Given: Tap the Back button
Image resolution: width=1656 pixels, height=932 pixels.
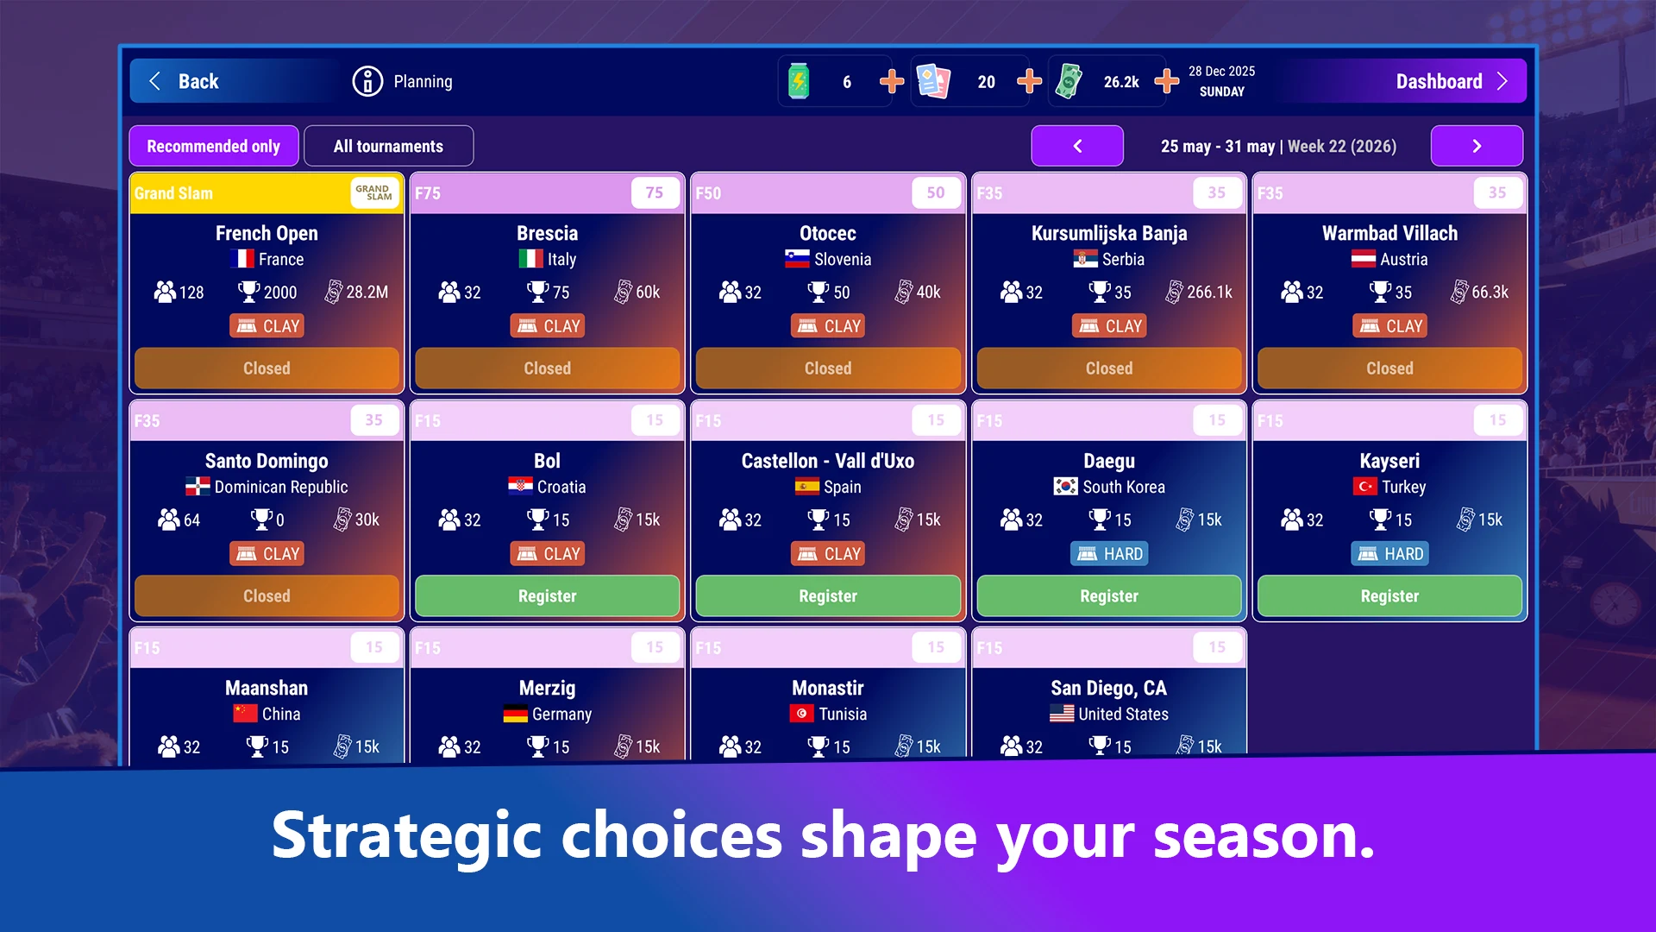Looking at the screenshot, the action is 184,81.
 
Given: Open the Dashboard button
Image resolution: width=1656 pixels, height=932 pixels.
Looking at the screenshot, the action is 1452,81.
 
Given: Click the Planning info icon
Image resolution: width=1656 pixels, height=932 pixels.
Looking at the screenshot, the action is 367,81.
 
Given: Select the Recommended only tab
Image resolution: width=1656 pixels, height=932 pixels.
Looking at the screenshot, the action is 214,146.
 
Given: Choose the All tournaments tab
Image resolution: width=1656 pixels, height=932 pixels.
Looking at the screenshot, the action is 388,146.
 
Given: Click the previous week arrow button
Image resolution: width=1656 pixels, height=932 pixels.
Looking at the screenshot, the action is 1077,146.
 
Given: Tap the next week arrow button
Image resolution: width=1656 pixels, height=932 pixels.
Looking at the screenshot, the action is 1477,146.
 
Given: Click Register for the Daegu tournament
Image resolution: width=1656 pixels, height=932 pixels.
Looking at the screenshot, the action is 1109,595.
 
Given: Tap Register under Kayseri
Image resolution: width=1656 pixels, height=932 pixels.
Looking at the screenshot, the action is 1389,595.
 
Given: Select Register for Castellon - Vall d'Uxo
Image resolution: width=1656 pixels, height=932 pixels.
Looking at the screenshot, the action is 828,595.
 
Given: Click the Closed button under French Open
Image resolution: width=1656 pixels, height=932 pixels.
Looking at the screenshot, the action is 267,368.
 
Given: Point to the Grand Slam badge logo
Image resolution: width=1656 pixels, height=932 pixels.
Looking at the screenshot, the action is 373,192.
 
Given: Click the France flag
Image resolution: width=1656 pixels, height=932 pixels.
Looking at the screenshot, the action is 242,259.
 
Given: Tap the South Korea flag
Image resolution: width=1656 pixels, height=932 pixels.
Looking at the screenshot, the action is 1065,487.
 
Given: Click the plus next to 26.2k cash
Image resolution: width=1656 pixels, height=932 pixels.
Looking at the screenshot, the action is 1167,81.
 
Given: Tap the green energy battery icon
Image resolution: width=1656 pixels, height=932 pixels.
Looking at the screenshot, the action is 799,81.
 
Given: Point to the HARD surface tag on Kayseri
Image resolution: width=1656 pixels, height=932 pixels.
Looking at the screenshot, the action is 1389,554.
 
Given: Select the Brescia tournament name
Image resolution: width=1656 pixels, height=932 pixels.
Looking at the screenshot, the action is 547,233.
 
